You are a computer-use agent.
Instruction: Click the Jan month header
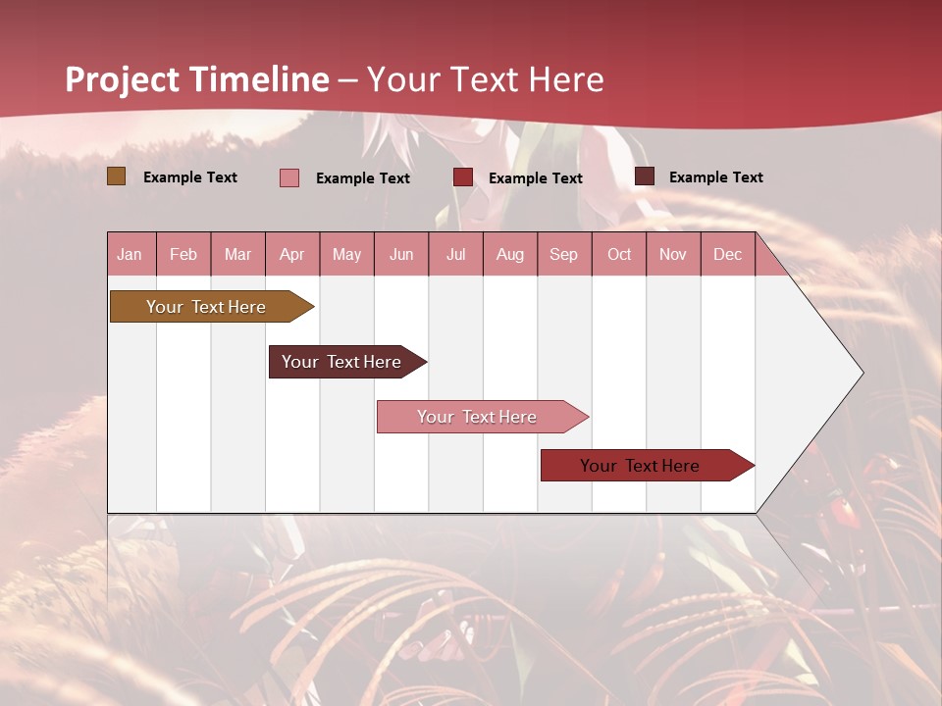130,255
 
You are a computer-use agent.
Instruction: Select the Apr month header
291,255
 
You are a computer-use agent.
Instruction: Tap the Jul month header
455,255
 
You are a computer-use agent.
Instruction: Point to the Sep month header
563,255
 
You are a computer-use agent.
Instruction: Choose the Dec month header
727,255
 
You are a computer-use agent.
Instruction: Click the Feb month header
183,255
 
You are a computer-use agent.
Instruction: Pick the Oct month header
619,255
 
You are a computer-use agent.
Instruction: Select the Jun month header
401,255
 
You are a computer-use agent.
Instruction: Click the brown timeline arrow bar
206,307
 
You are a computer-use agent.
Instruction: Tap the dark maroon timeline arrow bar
341,362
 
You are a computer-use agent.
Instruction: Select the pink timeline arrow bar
477,417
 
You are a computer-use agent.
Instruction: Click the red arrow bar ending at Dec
640,466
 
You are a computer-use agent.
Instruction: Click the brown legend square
117,176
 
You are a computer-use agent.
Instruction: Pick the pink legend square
289,177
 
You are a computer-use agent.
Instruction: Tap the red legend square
463,177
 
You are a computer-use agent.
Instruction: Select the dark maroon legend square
645,176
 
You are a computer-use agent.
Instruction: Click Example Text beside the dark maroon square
715,177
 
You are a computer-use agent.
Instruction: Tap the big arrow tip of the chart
844,373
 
